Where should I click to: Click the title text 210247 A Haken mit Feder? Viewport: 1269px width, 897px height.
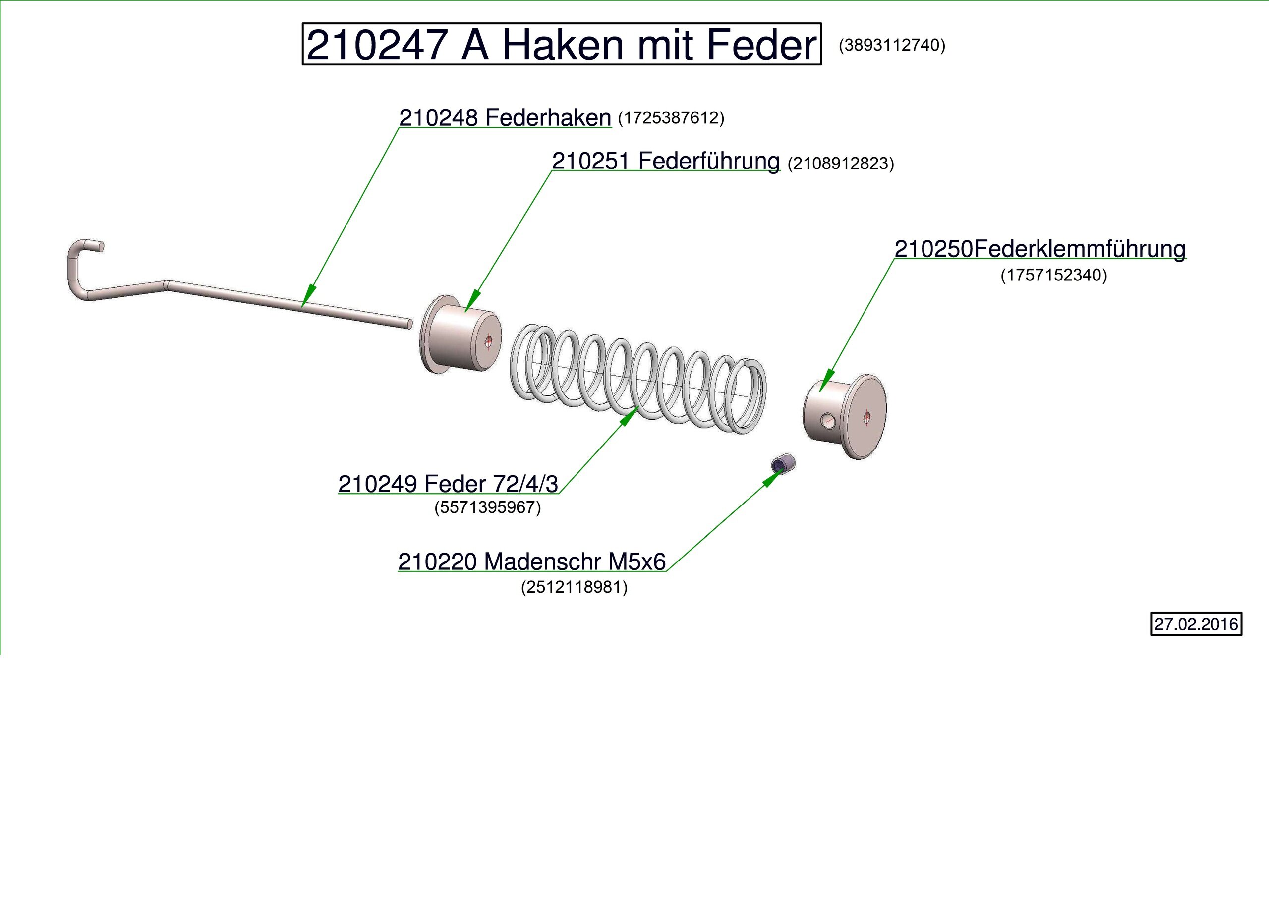point(561,45)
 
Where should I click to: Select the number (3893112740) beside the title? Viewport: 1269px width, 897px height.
point(891,45)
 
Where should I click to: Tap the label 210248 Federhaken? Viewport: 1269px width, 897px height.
point(505,118)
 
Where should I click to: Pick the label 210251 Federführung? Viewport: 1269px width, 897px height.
point(665,162)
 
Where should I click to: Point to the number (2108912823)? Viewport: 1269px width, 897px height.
point(840,164)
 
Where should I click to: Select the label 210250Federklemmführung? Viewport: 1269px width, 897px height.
point(1039,249)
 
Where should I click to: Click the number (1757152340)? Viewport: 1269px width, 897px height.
point(1053,275)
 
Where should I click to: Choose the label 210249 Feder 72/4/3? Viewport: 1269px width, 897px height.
point(448,484)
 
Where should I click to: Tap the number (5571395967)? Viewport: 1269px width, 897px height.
point(487,507)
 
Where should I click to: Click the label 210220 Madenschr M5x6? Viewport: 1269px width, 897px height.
point(532,562)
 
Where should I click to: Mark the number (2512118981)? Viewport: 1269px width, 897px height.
point(574,587)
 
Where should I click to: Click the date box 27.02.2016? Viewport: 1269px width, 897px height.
point(1196,624)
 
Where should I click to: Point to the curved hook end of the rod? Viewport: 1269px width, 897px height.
point(80,260)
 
